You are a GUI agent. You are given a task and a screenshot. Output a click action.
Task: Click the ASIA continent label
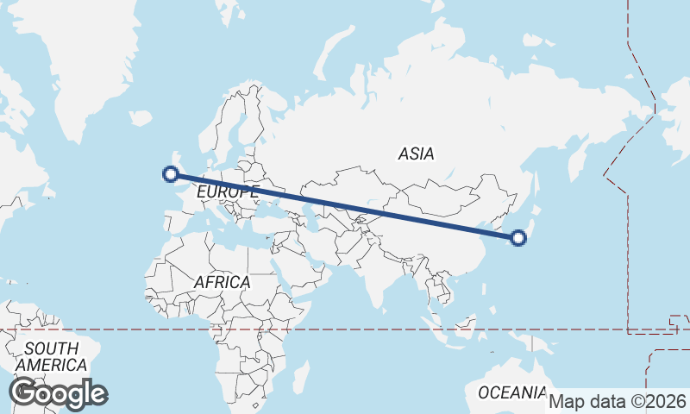click(416, 154)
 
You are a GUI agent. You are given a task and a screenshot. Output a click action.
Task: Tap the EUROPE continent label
click(227, 191)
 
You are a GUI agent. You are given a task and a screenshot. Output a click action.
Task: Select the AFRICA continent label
click(222, 282)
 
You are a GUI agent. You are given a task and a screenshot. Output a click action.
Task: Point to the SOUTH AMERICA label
click(52, 357)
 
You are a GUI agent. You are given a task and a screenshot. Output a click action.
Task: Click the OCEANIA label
click(512, 392)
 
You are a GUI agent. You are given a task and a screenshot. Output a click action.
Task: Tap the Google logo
click(58, 393)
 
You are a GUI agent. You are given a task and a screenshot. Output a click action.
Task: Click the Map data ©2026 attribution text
click(618, 401)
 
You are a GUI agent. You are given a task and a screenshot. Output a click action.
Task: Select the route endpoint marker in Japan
click(518, 238)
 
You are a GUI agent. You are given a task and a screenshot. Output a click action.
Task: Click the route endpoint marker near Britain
click(171, 174)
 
